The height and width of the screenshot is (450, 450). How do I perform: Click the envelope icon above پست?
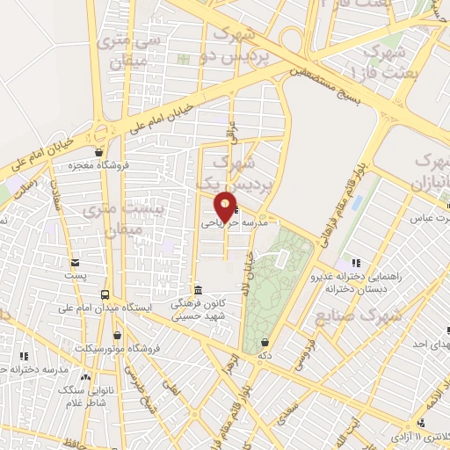pyautogui.click(x=75, y=262)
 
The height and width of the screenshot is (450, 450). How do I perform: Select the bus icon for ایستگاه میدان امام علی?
pyautogui.click(x=105, y=294)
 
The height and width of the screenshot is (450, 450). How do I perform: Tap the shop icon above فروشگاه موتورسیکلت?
pyautogui.click(x=116, y=335)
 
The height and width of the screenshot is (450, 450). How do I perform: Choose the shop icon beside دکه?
pyautogui.click(x=265, y=342)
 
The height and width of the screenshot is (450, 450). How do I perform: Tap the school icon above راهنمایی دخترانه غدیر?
pyautogui.click(x=356, y=262)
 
